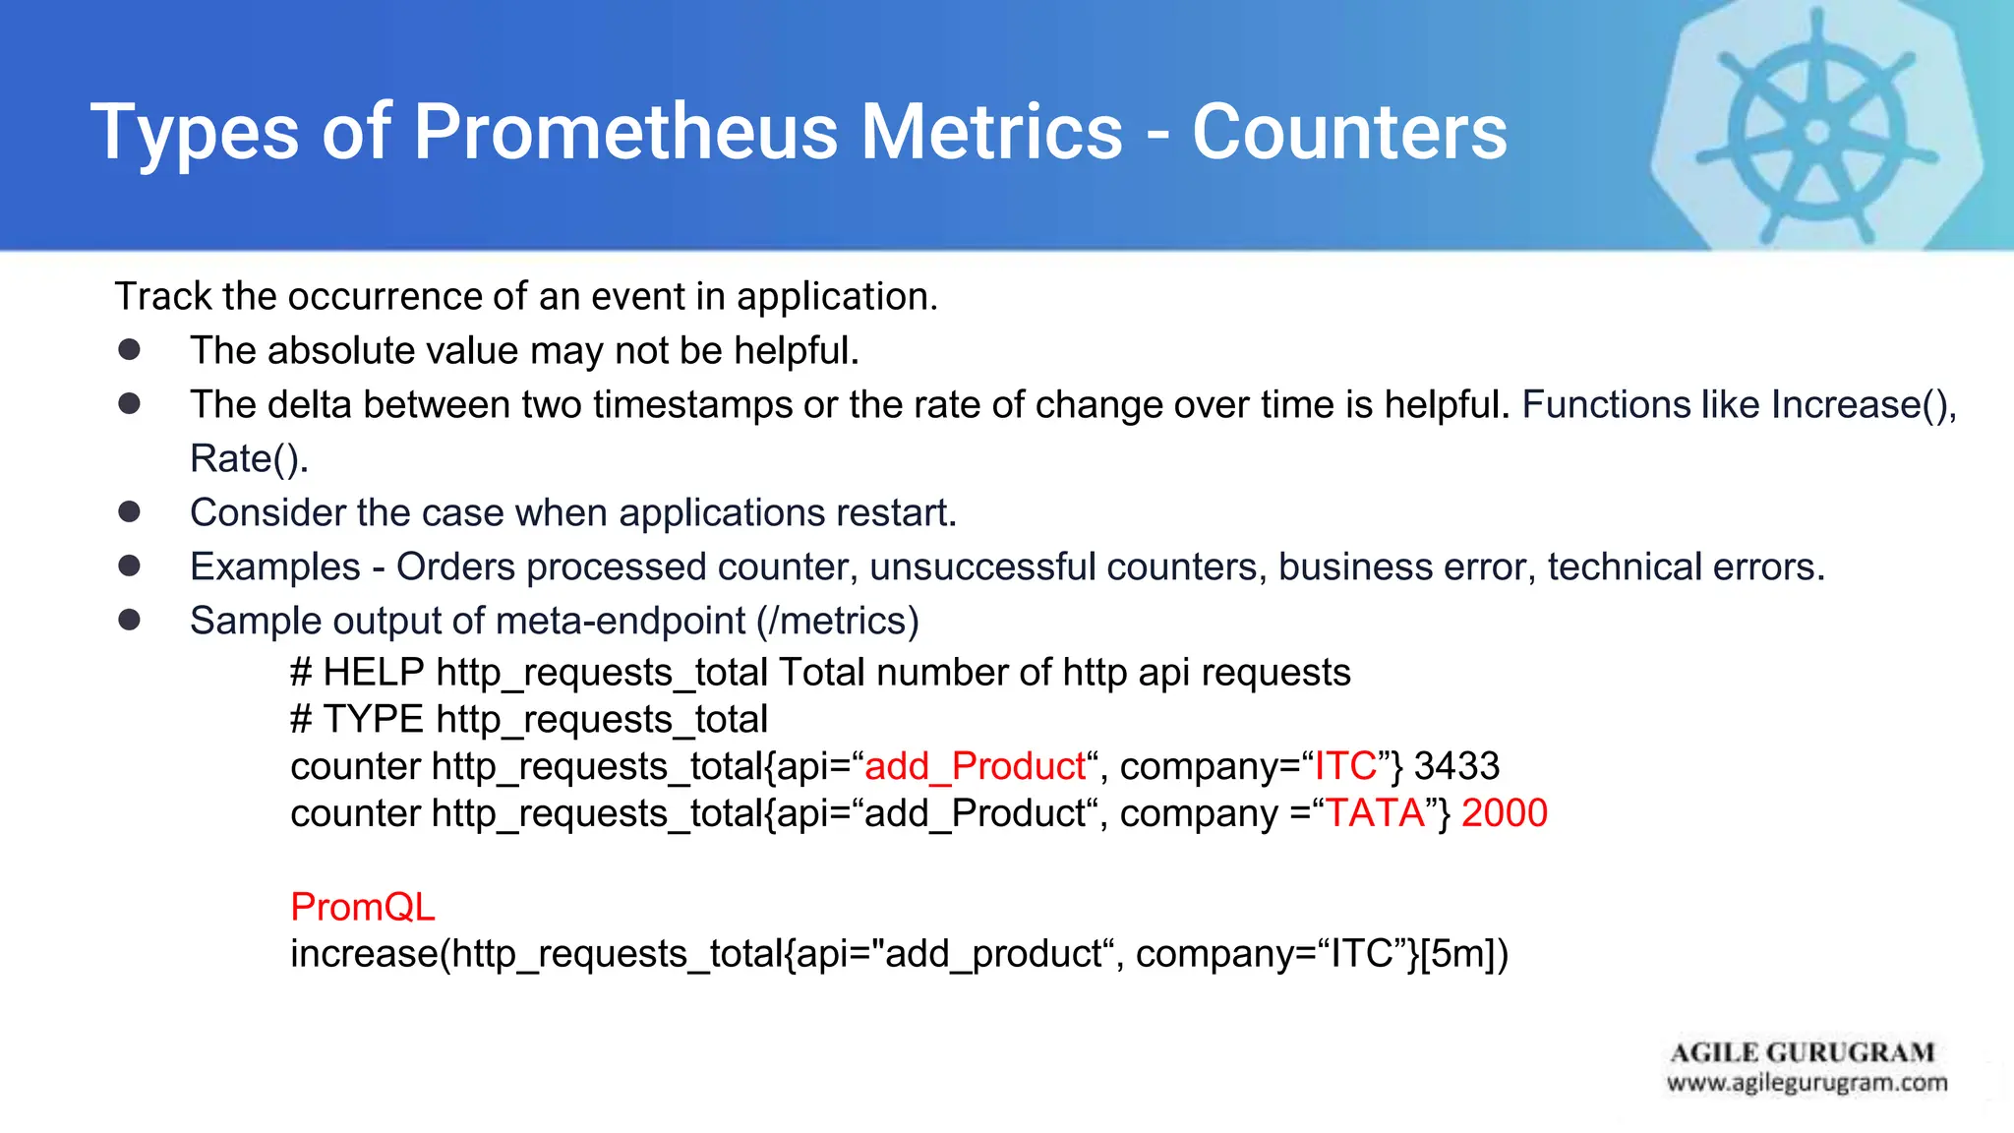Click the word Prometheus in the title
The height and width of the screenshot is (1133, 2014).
coord(625,132)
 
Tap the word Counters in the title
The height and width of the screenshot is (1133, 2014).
coord(1349,132)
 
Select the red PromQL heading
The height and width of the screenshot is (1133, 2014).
coord(362,907)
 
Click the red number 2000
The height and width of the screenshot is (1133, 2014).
coord(1505,813)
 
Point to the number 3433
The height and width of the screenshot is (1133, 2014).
coord(1456,766)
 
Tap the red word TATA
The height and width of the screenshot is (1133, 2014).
coord(1376,813)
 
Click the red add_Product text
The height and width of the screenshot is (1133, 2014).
coord(975,766)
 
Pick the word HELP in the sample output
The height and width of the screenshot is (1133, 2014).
coord(373,673)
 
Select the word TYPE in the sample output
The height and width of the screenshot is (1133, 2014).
coord(373,720)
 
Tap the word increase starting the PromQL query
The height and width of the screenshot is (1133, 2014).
coord(363,954)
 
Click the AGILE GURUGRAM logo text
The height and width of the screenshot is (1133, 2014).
coord(1803,1052)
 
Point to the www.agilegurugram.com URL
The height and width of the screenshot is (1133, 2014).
coord(1807,1083)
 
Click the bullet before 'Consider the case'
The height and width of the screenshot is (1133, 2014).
coord(129,511)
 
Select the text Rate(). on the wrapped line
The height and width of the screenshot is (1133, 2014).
coord(249,458)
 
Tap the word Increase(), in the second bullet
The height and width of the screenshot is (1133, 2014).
coord(1864,404)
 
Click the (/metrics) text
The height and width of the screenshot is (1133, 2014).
coord(838,621)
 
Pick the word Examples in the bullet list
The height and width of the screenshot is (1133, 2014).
coord(275,566)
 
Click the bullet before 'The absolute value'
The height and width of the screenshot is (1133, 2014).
coord(129,349)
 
